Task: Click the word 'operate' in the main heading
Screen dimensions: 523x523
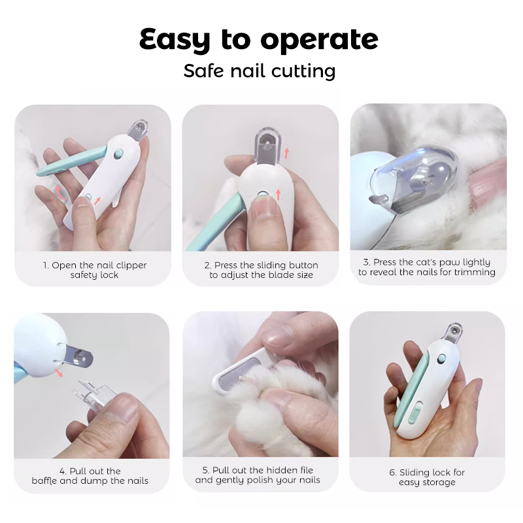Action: [x=319, y=41]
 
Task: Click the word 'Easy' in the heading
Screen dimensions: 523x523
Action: [x=175, y=39]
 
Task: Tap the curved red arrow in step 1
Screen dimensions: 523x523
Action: [x=59, y=193]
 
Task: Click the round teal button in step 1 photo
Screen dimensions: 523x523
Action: [x=118, y=154]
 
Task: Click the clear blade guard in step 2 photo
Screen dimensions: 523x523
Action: [x=267, y=146]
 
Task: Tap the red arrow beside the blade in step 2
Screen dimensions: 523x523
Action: [x=286, y=154]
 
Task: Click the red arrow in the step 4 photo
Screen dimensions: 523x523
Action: [x=59, y=373]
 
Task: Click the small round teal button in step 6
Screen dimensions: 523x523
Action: [x=441, y=359]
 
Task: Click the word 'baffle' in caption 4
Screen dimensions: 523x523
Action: [x=44, y=481]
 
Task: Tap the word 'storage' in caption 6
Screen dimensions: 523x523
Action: [x=439, y=482]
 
